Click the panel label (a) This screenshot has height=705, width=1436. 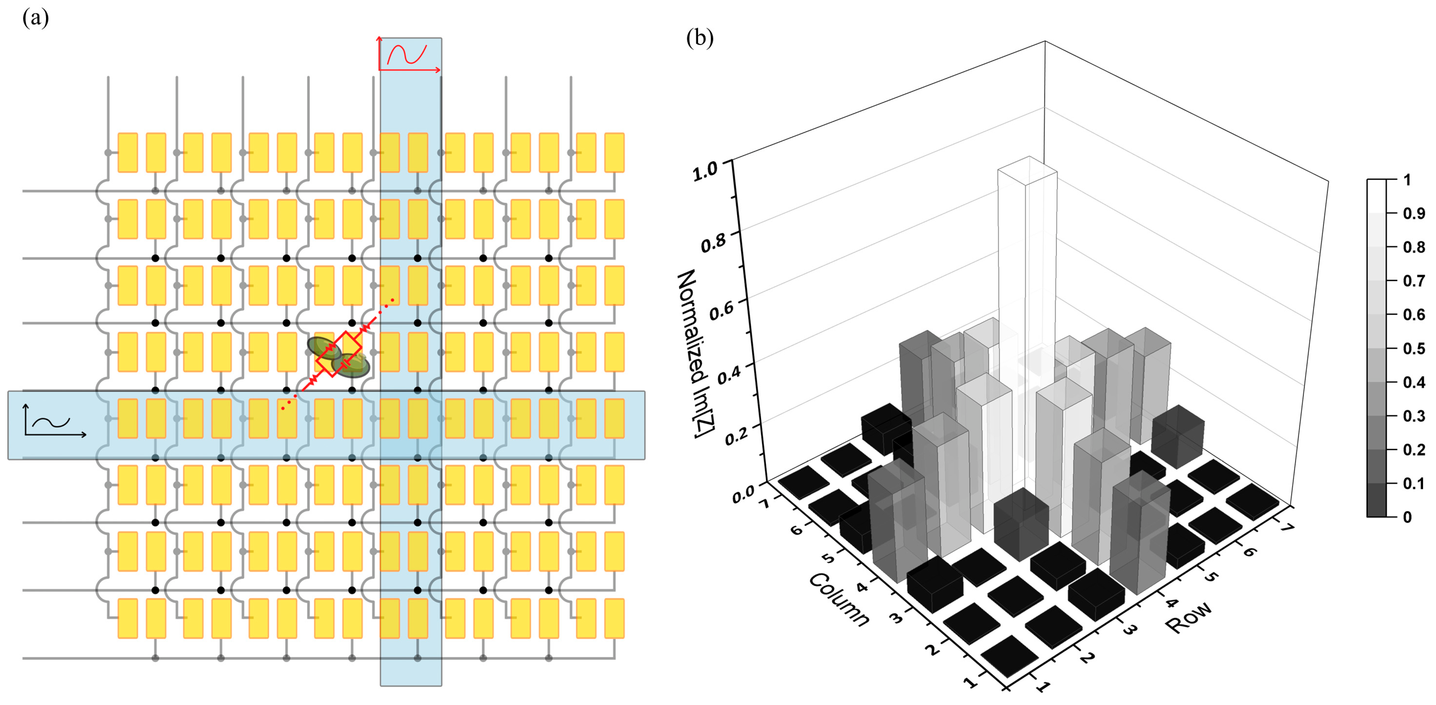click(35, 18)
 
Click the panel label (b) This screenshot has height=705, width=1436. click(700, 38)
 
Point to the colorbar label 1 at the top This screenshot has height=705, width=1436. click(1407, 180)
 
